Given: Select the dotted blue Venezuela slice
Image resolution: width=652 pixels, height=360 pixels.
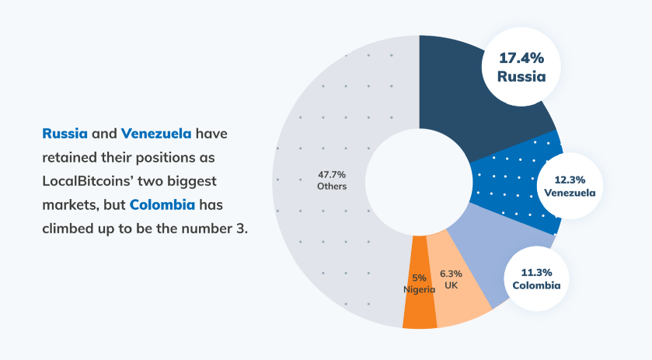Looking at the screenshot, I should tap(505, 187).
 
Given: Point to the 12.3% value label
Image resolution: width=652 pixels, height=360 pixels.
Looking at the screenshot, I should tap(570, 177).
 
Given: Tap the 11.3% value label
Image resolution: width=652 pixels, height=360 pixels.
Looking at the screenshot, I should tap(536, 272).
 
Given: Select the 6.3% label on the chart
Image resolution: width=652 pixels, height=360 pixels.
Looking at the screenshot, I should tap(451, 274).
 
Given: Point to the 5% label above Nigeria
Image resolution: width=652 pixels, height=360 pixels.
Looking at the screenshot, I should tap(419, 278).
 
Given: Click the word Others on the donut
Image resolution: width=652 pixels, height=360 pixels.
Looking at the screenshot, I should tap(332, 187).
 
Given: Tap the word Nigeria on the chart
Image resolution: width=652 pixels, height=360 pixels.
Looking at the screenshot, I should tap(419, 290).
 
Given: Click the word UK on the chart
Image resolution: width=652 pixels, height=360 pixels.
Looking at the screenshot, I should tap(451, 286).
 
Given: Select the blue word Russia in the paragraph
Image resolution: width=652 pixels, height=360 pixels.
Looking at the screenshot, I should tap(65, 134).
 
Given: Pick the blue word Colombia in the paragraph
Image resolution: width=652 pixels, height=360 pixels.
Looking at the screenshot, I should tap(162, 206).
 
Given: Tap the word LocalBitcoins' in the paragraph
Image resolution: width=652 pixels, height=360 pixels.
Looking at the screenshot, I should tap(90, 182).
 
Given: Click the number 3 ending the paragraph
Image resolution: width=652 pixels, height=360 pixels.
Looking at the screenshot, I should tap(243, 230).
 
